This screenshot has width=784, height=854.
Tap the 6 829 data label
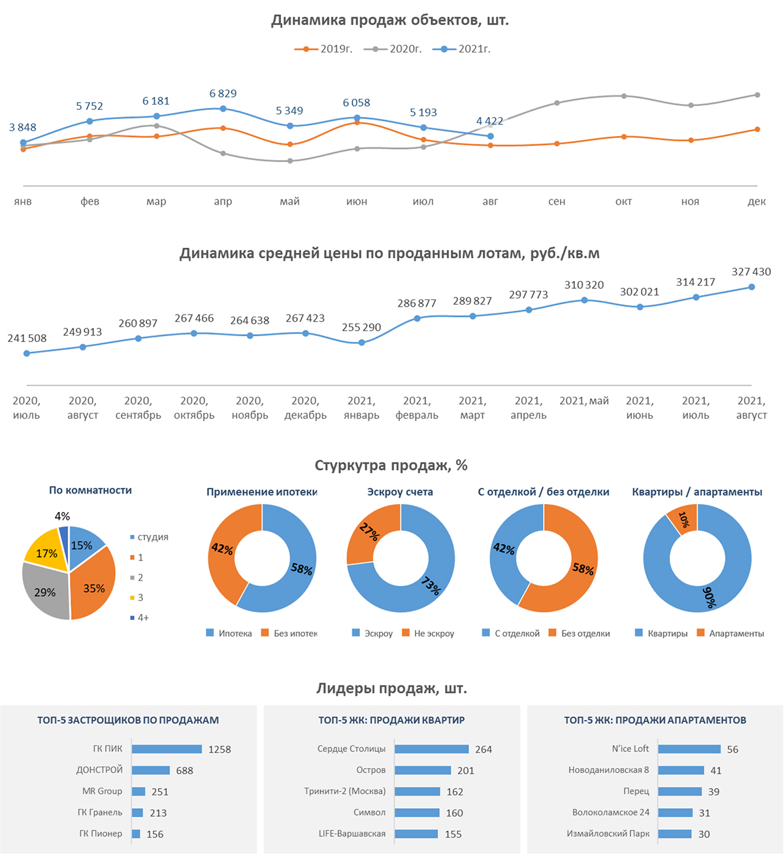pos(223,94)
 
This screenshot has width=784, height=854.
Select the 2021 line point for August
pos(490,136)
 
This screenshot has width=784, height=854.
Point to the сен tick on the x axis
pos(557,201)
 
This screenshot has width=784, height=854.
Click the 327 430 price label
pos(751,272)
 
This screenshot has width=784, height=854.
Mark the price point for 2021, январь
pos(361,342)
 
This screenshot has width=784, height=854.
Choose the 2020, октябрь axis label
pos(194,408)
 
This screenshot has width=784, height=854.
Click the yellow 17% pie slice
pos(46,553)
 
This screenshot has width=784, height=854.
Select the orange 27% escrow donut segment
pos(370,536)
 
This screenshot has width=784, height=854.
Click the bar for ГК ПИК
pos(167,749)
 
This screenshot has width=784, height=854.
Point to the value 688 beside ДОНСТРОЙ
pos(185,771)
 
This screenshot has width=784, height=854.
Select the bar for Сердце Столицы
pos(431,749)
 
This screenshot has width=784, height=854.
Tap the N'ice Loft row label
pos(630,749)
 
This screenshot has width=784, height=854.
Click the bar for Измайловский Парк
pos(674,834)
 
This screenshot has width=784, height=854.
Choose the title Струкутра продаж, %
pos(391,466)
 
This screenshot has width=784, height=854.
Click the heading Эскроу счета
pos(400,492)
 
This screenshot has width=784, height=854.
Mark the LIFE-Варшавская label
pos(352,834)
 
